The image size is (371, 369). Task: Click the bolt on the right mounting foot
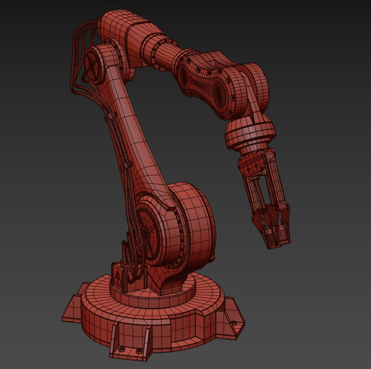(233, 322)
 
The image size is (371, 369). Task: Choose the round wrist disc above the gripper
(249, 132)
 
